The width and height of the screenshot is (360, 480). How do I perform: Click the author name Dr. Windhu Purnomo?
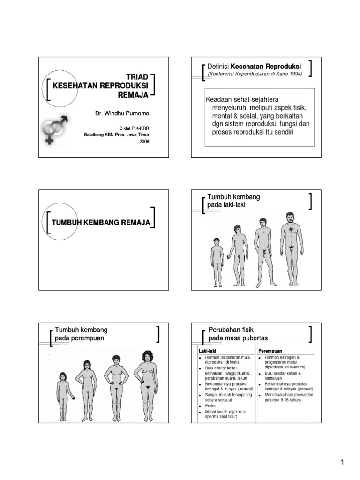(121, 113)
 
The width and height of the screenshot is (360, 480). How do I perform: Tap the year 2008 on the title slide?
(144, 142)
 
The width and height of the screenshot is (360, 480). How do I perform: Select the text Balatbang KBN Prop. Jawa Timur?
(116, 135)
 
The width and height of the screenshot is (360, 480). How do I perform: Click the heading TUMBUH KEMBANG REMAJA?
(101, 222)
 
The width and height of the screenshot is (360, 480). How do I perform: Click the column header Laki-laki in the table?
(207, 351)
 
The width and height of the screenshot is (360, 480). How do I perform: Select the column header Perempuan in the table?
(270, 351)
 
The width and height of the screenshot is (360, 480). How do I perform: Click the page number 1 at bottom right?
(343, 463)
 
